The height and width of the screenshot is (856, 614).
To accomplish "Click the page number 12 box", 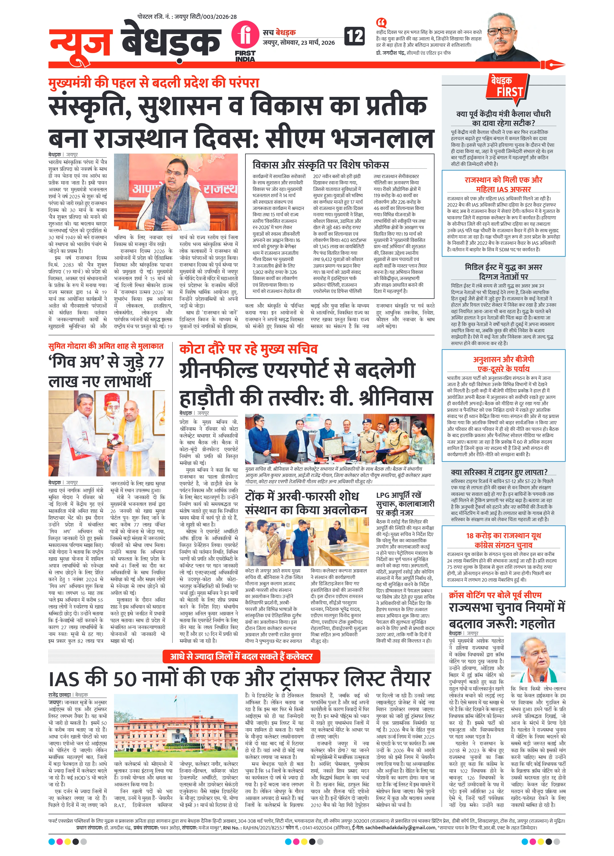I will tap(355, 36).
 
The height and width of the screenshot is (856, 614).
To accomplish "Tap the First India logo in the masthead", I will tap(245, 41).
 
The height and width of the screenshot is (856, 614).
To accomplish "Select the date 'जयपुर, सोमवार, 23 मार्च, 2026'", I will tap(299, 43).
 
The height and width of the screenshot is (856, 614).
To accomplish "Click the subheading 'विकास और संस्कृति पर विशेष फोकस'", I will tap(321, 164).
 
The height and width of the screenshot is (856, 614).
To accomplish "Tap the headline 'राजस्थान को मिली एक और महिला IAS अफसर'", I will tap(503, 184).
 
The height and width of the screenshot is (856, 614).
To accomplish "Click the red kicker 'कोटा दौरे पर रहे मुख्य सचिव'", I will tap(249, 349).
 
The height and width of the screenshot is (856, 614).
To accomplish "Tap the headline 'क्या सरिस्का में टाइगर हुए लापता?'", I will tap(499, 472).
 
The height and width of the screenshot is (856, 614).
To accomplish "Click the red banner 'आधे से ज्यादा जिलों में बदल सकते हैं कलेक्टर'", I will tap(241, 656).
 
